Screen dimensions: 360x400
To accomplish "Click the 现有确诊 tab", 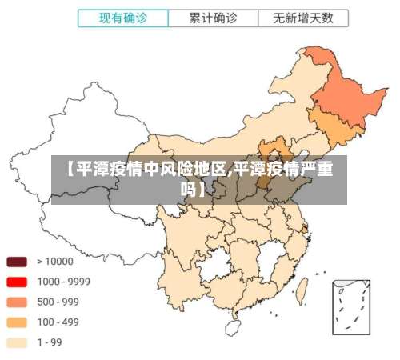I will point(122,17).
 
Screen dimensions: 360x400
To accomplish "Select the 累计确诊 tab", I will point(214,17).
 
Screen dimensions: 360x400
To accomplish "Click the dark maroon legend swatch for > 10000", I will point(18,261).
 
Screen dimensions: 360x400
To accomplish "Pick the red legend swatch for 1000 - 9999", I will point(18,282).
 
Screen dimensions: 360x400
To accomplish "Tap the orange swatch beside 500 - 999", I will point(18,302).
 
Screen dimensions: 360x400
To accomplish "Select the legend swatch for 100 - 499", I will point(18,322).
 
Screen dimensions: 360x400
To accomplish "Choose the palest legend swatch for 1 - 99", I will point(18,342).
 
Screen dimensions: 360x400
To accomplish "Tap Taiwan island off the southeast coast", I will point(302,289).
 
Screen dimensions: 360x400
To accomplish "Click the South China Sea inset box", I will point(351,305).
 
